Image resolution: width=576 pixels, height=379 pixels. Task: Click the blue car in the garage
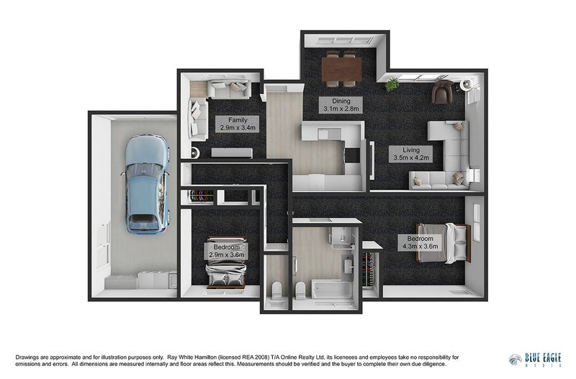pos(148,185)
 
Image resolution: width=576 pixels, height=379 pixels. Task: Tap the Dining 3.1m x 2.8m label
pos(341,105)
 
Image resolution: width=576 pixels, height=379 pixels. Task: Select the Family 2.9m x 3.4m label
pos(238,124)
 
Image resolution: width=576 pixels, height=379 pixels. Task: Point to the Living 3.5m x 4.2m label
pos(410,154)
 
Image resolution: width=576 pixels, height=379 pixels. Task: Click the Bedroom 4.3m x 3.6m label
pos(420,242)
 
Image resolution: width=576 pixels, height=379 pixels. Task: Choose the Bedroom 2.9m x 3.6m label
pos(226,251)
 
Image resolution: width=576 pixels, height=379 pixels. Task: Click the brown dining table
pos(341,69)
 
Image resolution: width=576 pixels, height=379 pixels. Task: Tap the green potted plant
pos(392,84)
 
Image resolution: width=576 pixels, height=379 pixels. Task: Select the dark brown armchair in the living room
pos(441,92)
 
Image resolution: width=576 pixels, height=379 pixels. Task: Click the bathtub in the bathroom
pos(332,290)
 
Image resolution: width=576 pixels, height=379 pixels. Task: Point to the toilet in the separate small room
pos(276,291)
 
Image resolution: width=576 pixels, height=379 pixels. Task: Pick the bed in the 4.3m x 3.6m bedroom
pos(444,242)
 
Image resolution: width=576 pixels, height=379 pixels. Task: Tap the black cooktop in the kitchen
pos(352,155)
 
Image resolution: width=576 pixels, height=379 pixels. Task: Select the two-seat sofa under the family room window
pos(229,89)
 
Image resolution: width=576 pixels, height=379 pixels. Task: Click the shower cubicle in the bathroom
pos(343,238)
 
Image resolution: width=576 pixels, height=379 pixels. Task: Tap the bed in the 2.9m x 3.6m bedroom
pos(225,263)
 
